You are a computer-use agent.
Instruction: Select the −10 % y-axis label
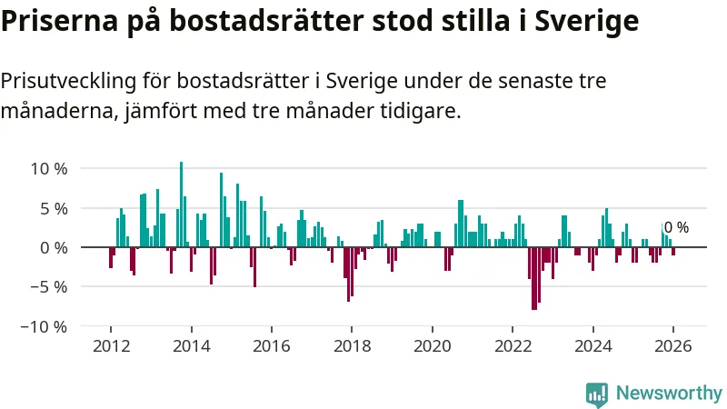point(45,326)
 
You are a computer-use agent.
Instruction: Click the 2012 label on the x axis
point(111,346)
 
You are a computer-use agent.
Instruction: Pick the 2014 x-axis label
point(191,346)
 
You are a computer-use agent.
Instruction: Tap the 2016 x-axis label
point(272,346)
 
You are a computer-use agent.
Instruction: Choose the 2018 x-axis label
point(352,346)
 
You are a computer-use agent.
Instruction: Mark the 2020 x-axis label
point(433,346)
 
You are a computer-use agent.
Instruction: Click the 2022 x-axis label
point(513,346)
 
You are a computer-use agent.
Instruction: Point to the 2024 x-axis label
point(593,346)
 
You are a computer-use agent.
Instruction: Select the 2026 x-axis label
point(673,346)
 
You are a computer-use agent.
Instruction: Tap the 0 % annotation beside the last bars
point(676,228)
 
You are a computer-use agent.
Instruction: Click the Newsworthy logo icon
point(597,393)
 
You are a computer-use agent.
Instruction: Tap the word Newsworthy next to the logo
point(669,393)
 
